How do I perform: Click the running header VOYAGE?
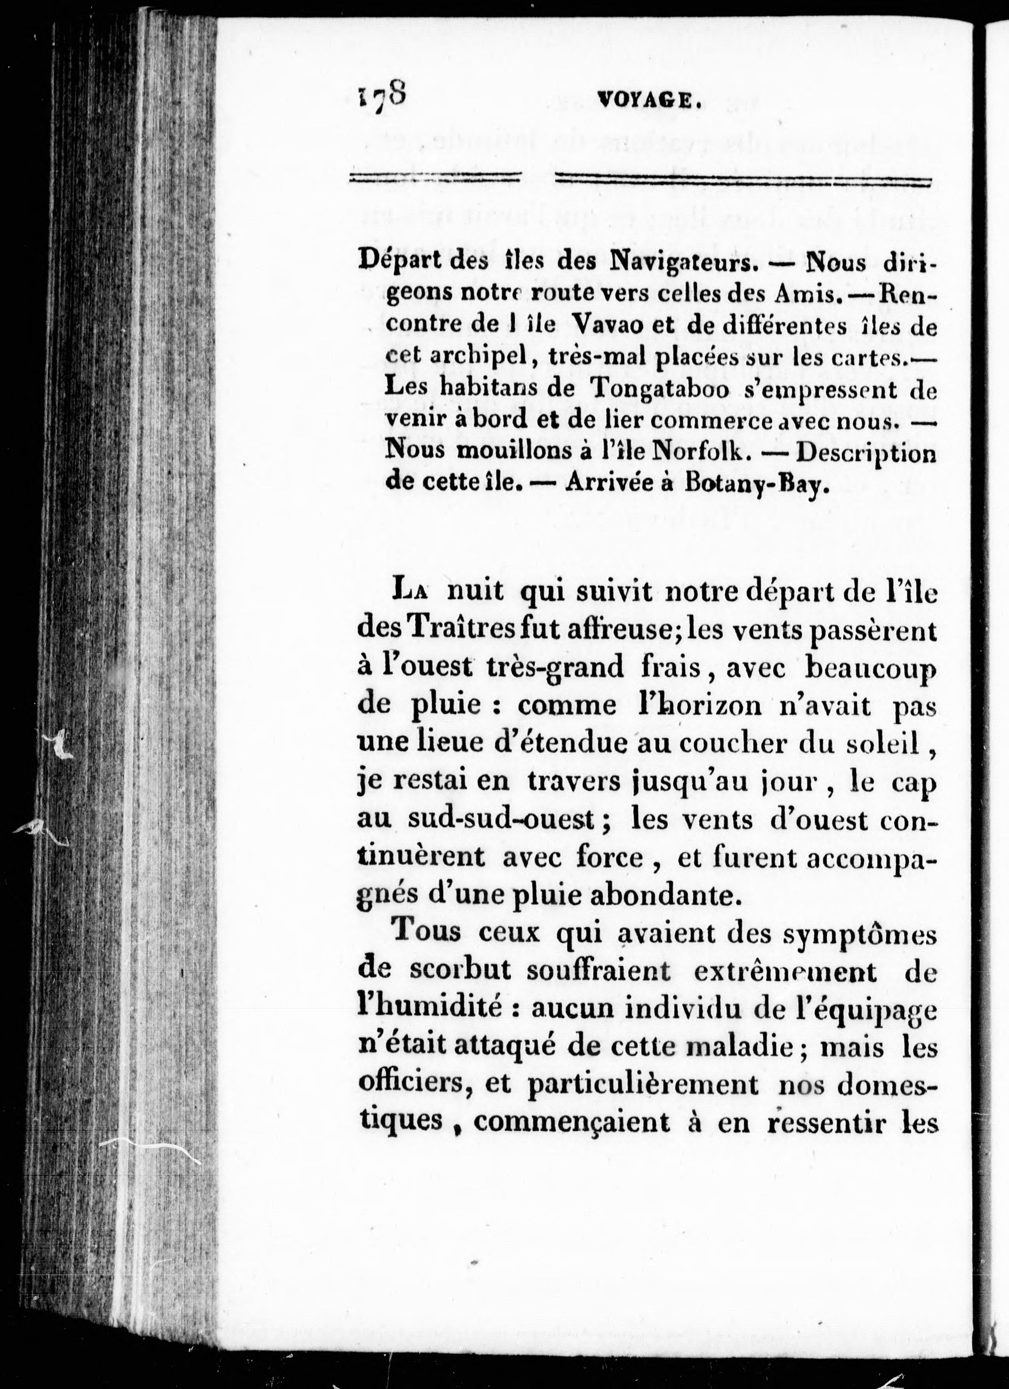[x=647, y=99]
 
